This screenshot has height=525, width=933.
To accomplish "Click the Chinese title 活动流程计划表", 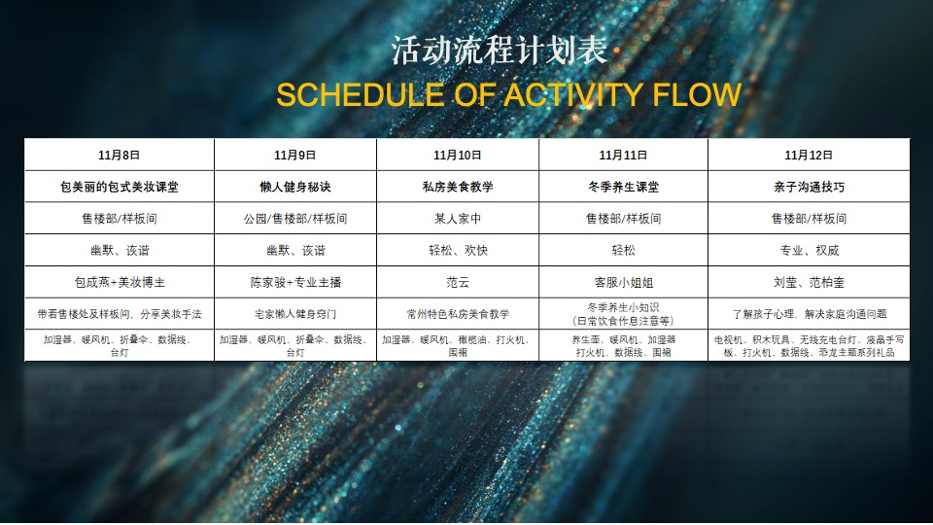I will [466, 51].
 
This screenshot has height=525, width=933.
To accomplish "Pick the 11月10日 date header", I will [457, 155].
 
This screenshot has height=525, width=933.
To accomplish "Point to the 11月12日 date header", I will [808, 155].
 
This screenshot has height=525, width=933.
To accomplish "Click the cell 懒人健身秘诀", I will [294, 186].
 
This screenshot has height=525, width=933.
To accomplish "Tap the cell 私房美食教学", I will [457, 186].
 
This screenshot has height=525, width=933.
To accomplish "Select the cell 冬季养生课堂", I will [623, 186].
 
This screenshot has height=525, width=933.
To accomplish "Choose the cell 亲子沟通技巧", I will [808, 186].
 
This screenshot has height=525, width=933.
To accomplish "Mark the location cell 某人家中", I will [457, 219].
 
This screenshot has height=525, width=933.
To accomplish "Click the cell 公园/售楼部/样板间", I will [294, 219].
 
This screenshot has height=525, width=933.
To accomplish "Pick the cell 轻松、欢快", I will [457, 250].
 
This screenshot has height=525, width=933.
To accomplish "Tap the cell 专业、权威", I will [808, 250].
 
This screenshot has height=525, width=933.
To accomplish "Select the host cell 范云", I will [457, 282].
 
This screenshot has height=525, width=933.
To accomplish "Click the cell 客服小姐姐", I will [623, 282].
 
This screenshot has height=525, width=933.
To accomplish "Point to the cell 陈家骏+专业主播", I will [294, 282].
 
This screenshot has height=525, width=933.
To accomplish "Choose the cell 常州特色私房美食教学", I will [457, 314].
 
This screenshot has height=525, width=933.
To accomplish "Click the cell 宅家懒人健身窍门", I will [294, 314].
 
